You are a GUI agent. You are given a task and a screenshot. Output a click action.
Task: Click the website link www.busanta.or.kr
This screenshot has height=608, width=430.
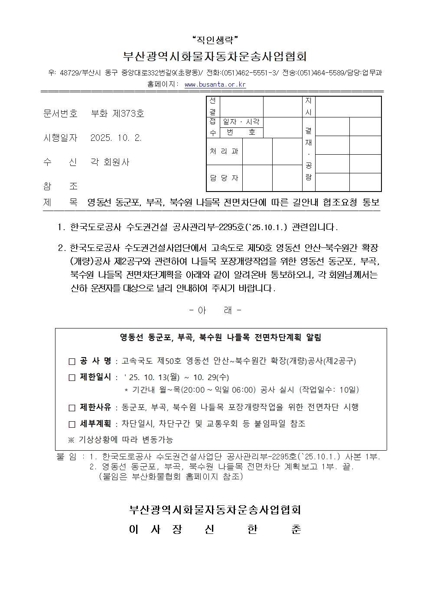pyautogui.click(x=215, y=85)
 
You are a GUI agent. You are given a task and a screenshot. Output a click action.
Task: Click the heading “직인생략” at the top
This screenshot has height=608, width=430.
pyautogui.click(x=215, y=41)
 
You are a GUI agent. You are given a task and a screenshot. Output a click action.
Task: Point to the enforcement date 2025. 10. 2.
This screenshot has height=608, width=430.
pyautogui.click(x=116, y=138)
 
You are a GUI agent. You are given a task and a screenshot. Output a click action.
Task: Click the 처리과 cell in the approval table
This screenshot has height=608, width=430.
pyautogui.click(x=224, y=151)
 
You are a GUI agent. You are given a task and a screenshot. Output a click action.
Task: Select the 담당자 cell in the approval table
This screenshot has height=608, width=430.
pyautogui.click(x=224, y=178)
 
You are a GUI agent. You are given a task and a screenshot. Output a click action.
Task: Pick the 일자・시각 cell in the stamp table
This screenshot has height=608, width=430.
pyautogui.click(x=241, y=122)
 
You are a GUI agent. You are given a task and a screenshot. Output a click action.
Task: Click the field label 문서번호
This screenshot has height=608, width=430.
pyautogui.click(x=60, y=114)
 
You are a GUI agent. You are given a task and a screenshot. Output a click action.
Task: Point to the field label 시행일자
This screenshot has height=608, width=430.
pyautogui.click(x=60, y=138)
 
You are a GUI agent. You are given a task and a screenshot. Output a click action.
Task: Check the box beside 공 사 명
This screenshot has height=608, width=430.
pyautogui.click(x=72, y=361)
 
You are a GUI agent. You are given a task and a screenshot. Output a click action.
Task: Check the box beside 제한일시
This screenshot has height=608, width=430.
pyautogui.click(x=72, y=377)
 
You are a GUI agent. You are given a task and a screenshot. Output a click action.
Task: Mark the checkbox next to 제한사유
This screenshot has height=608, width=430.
pyautogui.click(x=72, y=408)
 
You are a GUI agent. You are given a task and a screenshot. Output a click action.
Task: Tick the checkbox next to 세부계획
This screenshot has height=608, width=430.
pyautogui.click(x=72, y=424)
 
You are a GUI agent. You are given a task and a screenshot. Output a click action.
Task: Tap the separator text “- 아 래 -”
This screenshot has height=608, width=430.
pyautogui.click(x=215, y=310)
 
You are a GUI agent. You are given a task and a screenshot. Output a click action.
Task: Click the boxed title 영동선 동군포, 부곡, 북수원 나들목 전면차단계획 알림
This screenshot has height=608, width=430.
pyautogui.click(x=221, y=338)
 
